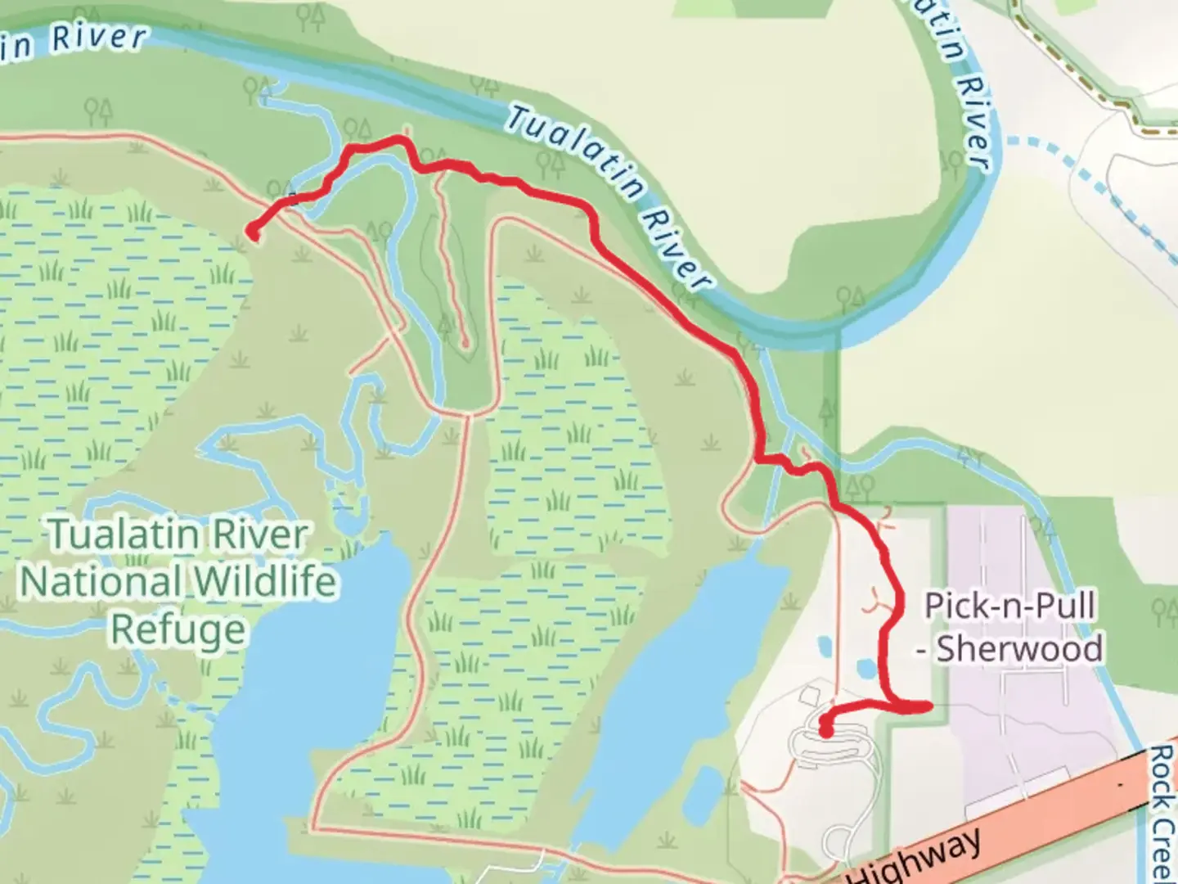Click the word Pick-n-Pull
coord(1009,607)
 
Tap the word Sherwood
coord(1019,649)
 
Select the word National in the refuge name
coord(99,582)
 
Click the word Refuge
coord(178,629)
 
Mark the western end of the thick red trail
coord(251,235)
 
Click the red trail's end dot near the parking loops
coord(825,730)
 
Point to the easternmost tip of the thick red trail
coord(929,706)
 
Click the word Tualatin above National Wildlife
coord(123,536)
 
